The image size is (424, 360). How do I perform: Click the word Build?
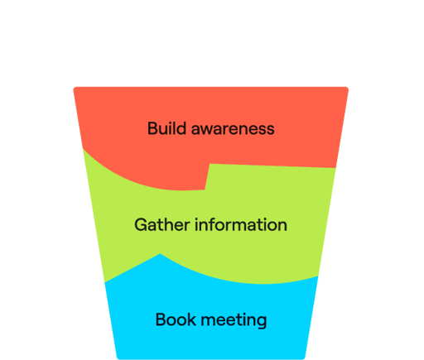[166, 128]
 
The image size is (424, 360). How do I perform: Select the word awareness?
[233, 129]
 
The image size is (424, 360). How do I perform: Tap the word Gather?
[162, 224]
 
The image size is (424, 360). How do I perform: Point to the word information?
[241, 224]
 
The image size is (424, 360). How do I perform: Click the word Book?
[176, 319]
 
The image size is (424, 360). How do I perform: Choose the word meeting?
[234, 320]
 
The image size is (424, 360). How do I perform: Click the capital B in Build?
[152, 128]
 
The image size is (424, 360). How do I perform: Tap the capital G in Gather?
[141, 225]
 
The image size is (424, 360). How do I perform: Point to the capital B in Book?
[161, 320]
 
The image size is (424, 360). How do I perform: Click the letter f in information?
[214, 224]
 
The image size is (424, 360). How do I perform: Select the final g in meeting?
[262, 322]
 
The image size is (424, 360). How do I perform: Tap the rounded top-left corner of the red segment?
[74, 88]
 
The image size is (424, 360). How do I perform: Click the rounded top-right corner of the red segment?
[348, 88]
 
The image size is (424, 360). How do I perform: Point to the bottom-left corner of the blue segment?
[118, 358]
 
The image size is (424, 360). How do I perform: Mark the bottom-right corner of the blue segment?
[304, 358]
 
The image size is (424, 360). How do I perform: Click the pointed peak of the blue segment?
[160, 254]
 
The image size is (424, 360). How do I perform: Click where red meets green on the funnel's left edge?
[84, 149]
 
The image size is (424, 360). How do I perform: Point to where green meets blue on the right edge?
[318, 276]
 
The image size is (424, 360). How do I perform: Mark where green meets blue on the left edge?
[105, 282]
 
